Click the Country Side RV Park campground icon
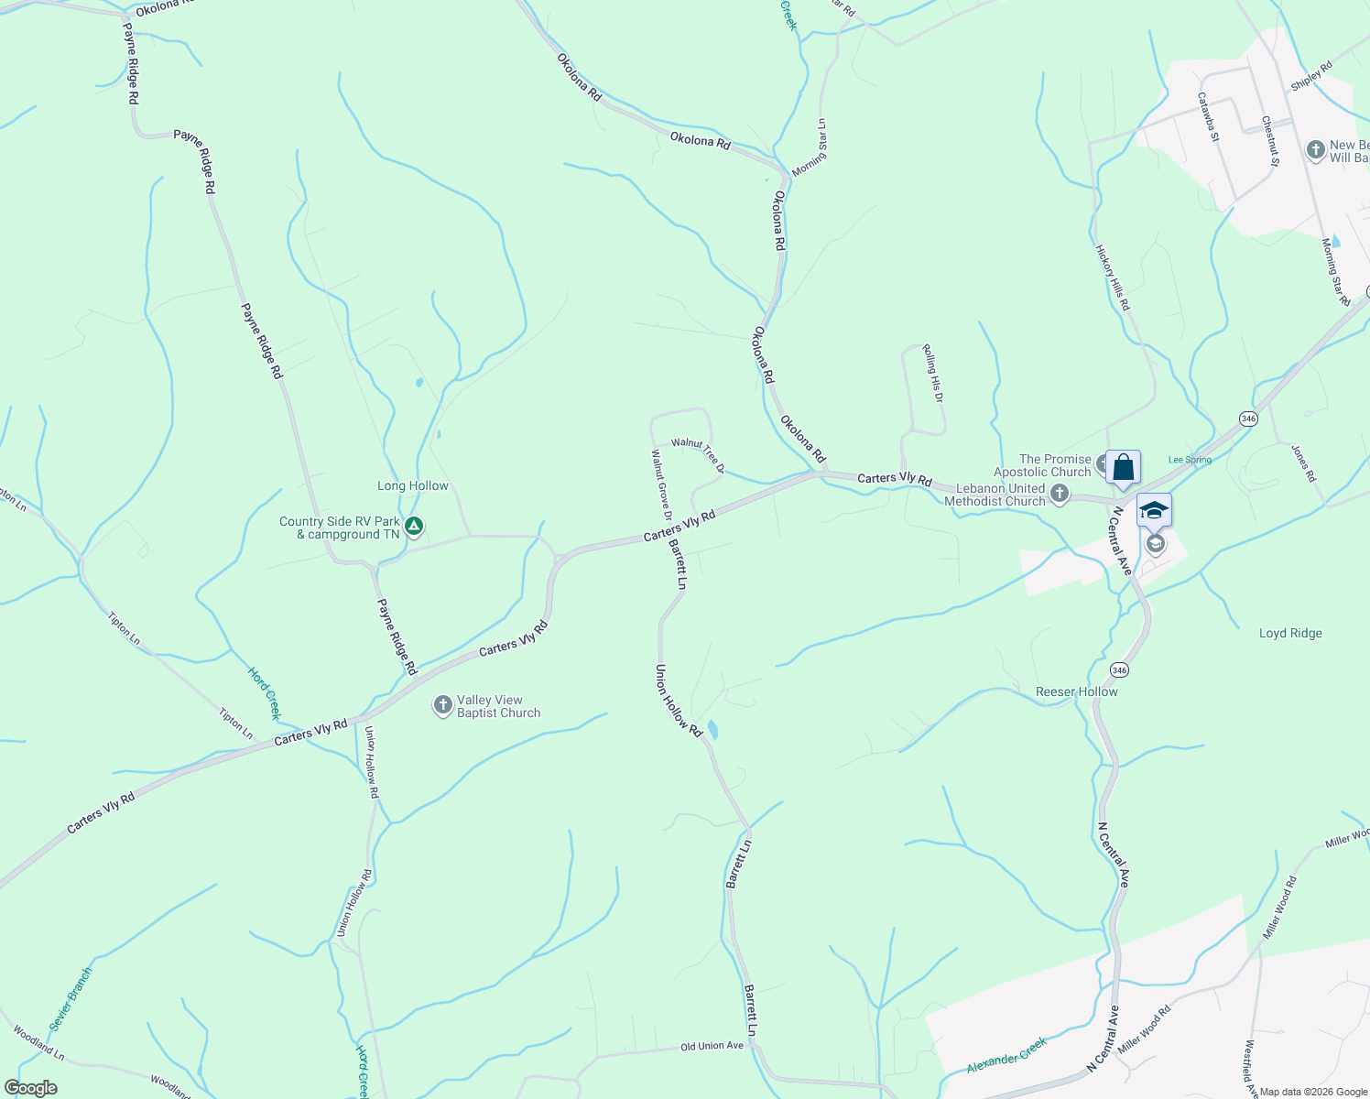tap(414, 527)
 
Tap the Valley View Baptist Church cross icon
tap(443, 705)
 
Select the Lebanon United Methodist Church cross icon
tap(1060, 495)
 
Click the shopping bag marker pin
tap(1123, 468)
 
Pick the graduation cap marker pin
tap(1154, 510)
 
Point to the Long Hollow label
tap(413, 485)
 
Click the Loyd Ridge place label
tap(1289, 633)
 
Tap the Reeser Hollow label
tap(1076, 691)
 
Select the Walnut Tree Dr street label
tap(698, 455)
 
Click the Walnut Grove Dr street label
tap(661, 479)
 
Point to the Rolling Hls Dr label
tap(932, 374)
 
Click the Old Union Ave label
tap(712, 1046)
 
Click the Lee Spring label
tap(1190, 460)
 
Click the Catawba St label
tap(1209, 116)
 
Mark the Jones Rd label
tap(1303, 463)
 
